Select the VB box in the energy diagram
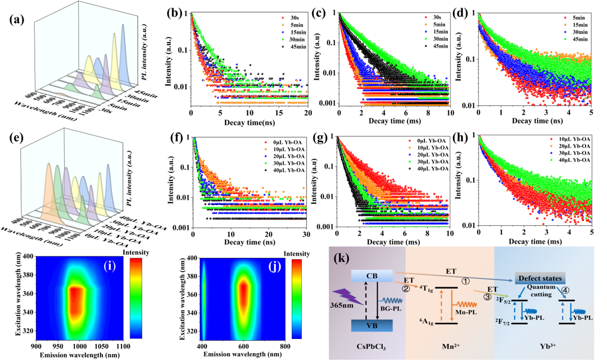pyautogui.click(x=371, y=325)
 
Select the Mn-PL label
pyautogui.click(x=462, y=311)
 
